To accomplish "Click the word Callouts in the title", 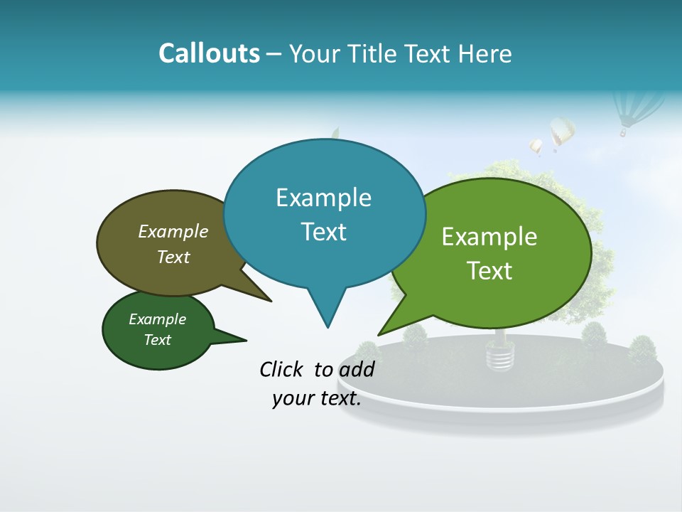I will click(209, 53).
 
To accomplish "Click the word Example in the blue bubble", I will click(323, 198).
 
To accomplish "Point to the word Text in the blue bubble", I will click(323, 232).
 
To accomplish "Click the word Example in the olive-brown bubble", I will click(173, 231).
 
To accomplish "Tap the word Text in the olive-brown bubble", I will click(173, 257).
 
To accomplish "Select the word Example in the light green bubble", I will click(489, 237).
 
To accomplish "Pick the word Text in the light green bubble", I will click(489, 271).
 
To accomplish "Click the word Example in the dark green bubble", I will click(157, 319).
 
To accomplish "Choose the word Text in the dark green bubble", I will click(157, 340).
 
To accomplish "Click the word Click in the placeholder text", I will click(283, 369).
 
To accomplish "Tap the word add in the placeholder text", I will click(357, 370).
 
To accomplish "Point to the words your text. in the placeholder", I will click(317, 399).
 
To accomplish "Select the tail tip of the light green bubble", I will click(379, 334).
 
